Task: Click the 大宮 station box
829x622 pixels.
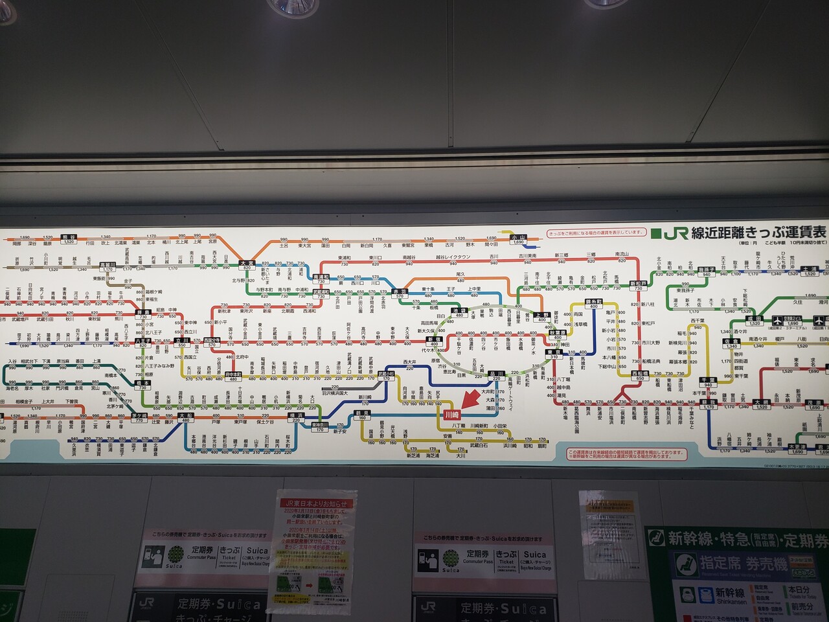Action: click(x=245, y=264)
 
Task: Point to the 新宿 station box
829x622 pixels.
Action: click(x=433, y=341)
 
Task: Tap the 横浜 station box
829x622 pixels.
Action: click(x=296, y=417)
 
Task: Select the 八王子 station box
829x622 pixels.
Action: click(x=142, y=342)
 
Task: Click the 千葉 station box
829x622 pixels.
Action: click(x=708, y=381)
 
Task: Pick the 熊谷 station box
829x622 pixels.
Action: click(x=68, y=238)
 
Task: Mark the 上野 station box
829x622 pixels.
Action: click(x=541, y=316)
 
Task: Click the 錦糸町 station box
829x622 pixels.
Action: click(x=593, y=304)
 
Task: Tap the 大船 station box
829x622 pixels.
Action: click(x=185, y=417)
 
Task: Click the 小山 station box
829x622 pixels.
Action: click(x=518, y=238)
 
